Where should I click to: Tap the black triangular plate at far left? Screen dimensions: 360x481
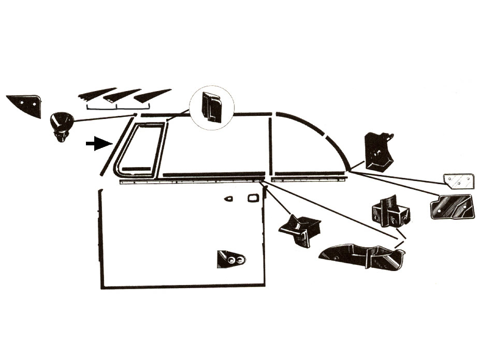[x=26, y=104]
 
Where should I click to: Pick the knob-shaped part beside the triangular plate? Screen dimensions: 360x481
[x=61, y=126]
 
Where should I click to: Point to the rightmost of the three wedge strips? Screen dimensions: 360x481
[x=151, y=95]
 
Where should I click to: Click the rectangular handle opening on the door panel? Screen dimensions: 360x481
[x=253, y=199]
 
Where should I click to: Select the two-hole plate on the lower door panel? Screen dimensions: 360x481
[x=230, y=259]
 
